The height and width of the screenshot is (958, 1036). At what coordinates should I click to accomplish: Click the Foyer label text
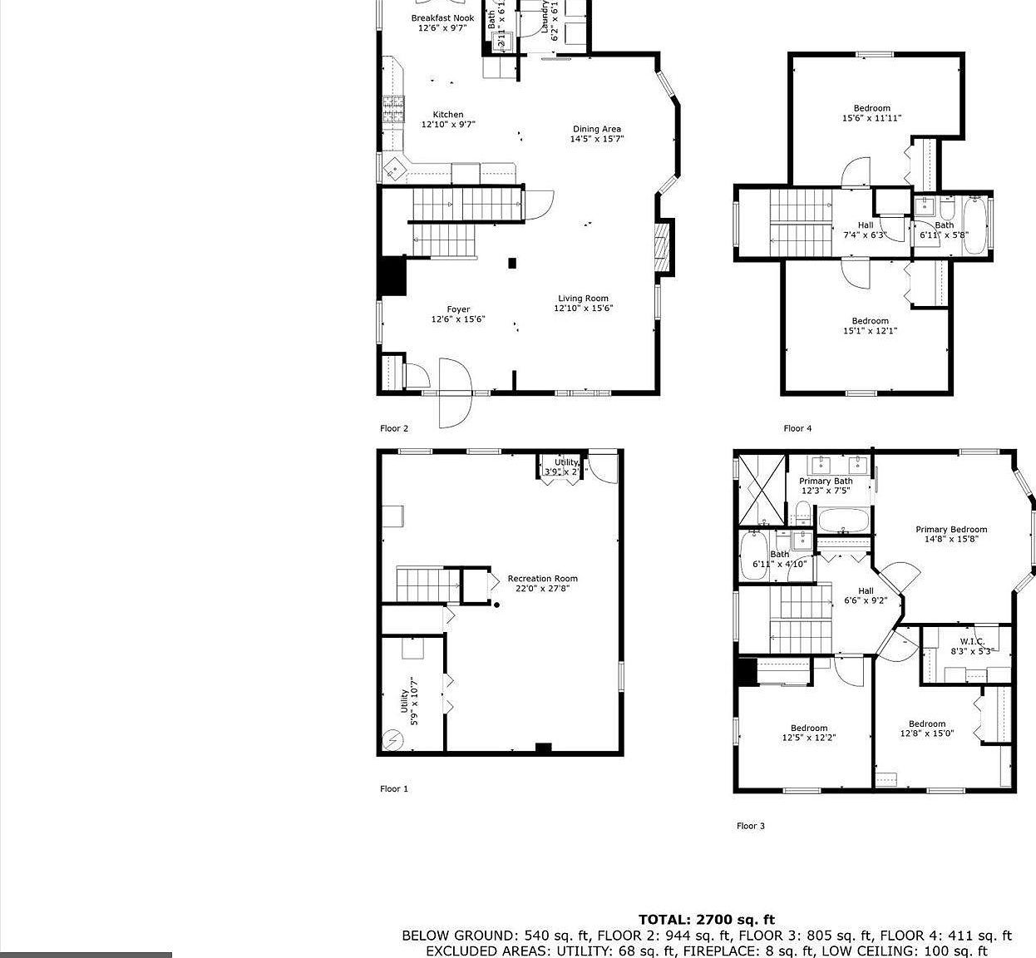point(458,310)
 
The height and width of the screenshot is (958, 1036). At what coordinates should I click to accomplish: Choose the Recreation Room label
point(542,579)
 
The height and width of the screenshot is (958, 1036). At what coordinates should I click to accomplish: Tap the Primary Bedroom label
point(951,530)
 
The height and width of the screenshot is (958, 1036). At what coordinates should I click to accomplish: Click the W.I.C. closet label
point(972,642)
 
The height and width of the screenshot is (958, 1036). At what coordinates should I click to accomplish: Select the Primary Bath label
point(826,481)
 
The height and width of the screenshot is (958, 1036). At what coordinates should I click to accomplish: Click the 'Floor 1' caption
point(394,788)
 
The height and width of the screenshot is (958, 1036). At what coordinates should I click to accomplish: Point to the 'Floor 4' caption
point(797,428)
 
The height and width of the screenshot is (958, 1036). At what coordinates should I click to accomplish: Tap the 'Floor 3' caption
point(751,826)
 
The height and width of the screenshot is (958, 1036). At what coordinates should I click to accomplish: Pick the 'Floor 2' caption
point(394,428)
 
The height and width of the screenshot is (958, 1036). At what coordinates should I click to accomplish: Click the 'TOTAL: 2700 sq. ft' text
point(706,919)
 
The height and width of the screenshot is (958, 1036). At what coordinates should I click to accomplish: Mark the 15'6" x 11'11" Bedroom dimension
point(871,118)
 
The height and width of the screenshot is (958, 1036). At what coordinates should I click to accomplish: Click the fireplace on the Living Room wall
point(664,247)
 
